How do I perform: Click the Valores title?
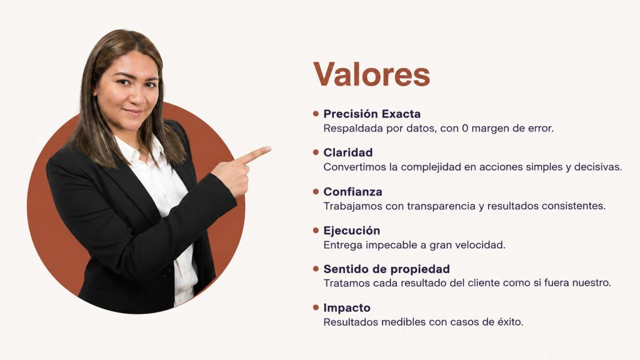[371, 74]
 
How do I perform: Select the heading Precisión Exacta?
[372, 114]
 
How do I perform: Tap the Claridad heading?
[347, 152]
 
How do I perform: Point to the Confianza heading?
[352, 191]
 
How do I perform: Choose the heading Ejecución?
[351, 231]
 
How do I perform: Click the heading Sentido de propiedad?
[386, 269]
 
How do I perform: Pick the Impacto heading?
[347, 307]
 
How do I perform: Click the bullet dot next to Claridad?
[316, 152]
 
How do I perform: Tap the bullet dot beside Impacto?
[316, 307]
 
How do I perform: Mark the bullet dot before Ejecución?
[316, 230]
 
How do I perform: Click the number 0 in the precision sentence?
[465, 128]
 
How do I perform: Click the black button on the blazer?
[166, 271]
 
